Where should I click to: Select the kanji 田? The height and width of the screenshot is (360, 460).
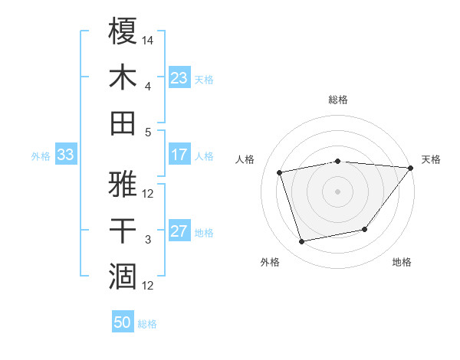(x=123, y=123)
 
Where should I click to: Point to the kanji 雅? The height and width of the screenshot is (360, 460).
(x=123, y=185)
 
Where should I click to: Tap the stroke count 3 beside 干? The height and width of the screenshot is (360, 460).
(x=148, y=241)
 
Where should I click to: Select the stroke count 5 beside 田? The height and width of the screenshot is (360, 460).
(x=148, y=133)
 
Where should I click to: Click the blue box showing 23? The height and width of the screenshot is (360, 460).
(x=179, y=77)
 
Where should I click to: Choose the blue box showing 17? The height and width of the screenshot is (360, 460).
(x=179, y=155)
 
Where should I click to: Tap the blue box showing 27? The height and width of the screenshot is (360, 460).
(x=179, y=232)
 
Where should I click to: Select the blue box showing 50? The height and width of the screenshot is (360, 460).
(x=123, y=322)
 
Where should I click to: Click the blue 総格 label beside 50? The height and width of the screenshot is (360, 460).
(x=147, y=324)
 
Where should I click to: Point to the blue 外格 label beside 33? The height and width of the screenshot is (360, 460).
(x=41, y=156)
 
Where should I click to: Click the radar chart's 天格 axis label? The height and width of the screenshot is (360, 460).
(x=431, y=159)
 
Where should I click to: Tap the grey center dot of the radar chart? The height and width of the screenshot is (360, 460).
(x=337, y=191)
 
